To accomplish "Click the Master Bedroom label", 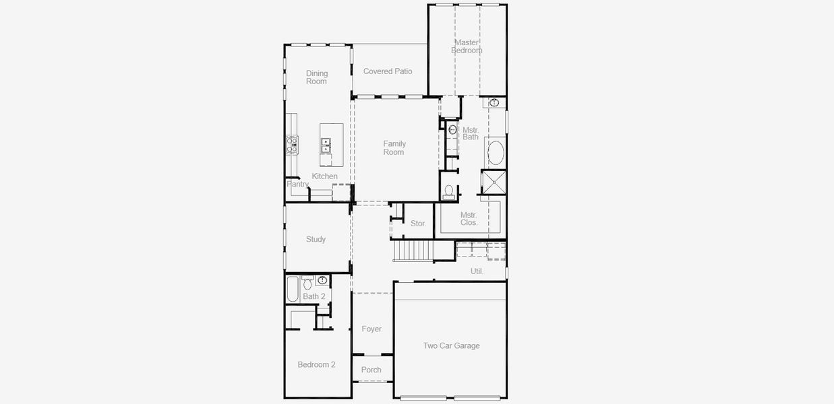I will coord(467,46).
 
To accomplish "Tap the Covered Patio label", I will coord(388,71).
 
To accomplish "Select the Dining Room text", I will coord(317,77).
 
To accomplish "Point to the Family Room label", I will coord(394,148).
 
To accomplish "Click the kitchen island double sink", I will coord(326,145).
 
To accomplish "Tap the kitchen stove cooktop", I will coord(292,145).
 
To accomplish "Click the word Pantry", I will coord(297,184).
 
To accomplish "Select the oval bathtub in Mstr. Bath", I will coord(496,153).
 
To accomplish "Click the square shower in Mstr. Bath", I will coord(494,182).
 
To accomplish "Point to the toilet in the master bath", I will coord(448,191).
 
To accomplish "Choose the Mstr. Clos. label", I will coord(469,219).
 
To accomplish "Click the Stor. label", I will coord(418,224).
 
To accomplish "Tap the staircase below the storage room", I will coord(414,251).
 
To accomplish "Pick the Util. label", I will coord(477,271).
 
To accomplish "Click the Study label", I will coord(316,239).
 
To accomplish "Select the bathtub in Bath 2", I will coord(293,289).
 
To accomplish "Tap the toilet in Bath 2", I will coord(307,283).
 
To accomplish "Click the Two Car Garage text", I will coord(451,346).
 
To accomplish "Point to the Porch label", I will coord(371,370).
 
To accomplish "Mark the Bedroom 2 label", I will coord(316,365).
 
